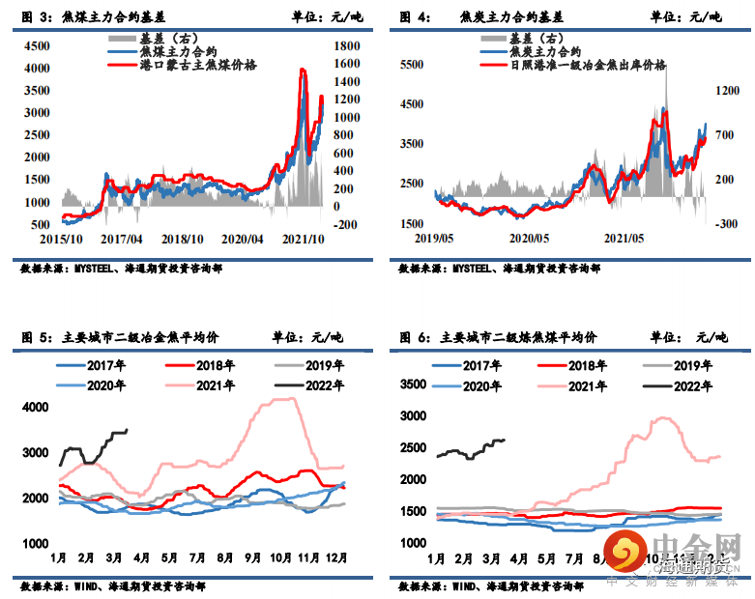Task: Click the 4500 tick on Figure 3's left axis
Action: [x=38, y=45]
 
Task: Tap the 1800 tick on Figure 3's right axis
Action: [x=345, y=45]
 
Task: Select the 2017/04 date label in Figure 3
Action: [x=123, y=239]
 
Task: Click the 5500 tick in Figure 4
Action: [x=413, y=64]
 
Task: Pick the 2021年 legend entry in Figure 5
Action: [x=214, y=385]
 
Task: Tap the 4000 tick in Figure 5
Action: [x=36, y=407]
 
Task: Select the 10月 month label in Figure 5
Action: [x=280, y=558]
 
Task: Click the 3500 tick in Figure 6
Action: [x=413, y=385]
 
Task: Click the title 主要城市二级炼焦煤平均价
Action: [x=517, y=338]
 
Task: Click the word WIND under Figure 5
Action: [x=88, y=585]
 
